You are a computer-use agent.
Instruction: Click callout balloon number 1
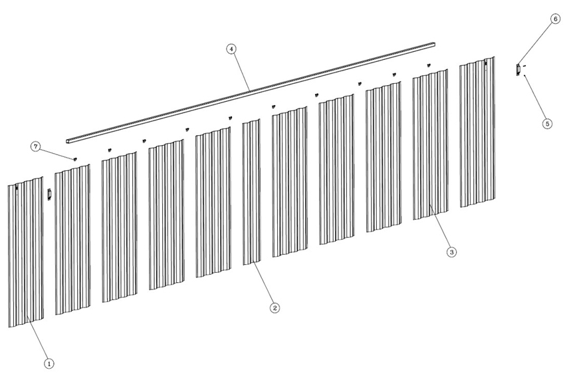pos(49,363)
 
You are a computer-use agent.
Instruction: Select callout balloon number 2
pos(275,307)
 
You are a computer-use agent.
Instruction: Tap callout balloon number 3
pos(451,252)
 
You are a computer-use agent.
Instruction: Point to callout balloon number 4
pos(231,49)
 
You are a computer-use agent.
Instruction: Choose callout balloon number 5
pos(547,124)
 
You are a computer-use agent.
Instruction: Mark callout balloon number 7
pos(35,146)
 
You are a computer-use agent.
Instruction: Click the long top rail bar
pos(251,92)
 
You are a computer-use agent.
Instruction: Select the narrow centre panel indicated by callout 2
pos(251,192)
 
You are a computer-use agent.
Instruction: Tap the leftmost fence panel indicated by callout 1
pos(25,252)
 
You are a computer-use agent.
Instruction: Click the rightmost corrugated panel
pos(477,132)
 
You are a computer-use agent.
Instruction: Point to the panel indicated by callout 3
pos(430,144)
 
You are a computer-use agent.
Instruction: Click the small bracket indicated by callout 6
pos(518,70)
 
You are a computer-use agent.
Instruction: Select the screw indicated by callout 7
pos(75,158)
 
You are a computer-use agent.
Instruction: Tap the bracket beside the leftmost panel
pos(50,194)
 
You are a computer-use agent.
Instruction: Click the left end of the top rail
pos(67,140)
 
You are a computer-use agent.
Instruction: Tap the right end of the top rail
pos(434,45)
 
